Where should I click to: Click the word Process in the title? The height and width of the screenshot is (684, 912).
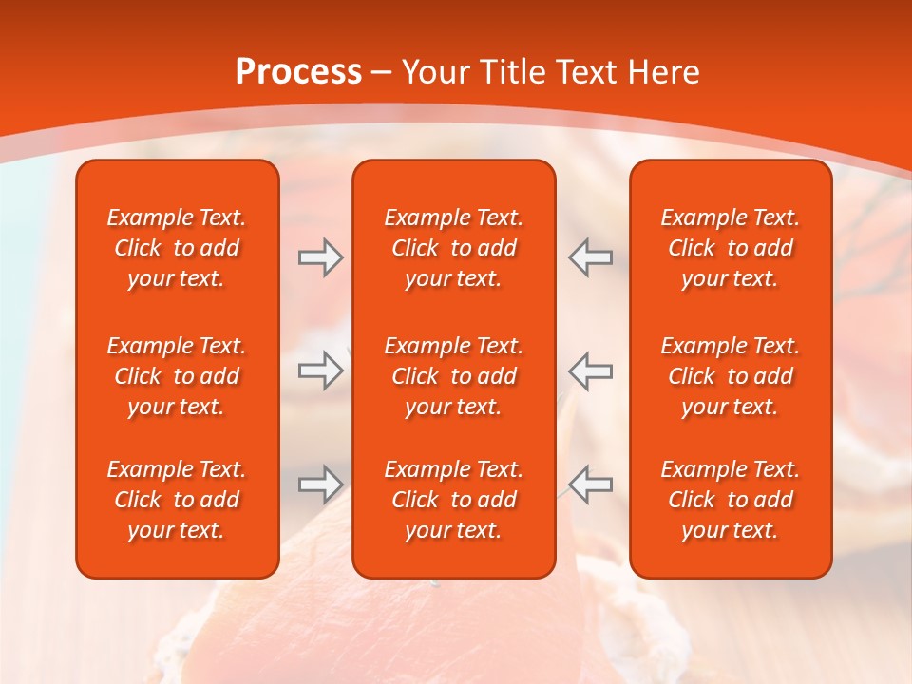[298, 72]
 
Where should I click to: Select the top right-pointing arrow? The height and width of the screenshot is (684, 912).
[320, 257]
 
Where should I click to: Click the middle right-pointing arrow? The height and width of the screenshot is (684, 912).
[320, 370]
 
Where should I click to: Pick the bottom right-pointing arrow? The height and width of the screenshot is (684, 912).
[320, 484]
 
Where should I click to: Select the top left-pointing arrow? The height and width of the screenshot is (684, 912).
[590, 257]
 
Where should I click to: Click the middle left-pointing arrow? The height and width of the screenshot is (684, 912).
[590, 370]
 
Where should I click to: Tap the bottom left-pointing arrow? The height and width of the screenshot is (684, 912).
[590, 484]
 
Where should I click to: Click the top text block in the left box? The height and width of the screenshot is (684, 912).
[177, 248]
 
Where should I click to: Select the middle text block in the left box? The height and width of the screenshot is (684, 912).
[177, 376]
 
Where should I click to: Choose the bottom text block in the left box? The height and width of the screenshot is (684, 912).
[177, 500]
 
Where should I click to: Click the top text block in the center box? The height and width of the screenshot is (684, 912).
[453, 248]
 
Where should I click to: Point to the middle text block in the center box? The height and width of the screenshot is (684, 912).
[453, 376]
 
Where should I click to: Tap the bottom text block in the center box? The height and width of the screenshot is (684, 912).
[453, 500]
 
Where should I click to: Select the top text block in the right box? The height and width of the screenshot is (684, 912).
[730, 248]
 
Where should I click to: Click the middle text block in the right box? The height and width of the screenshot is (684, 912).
[730, 376]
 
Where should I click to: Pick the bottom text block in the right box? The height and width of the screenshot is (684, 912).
[730, 500]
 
